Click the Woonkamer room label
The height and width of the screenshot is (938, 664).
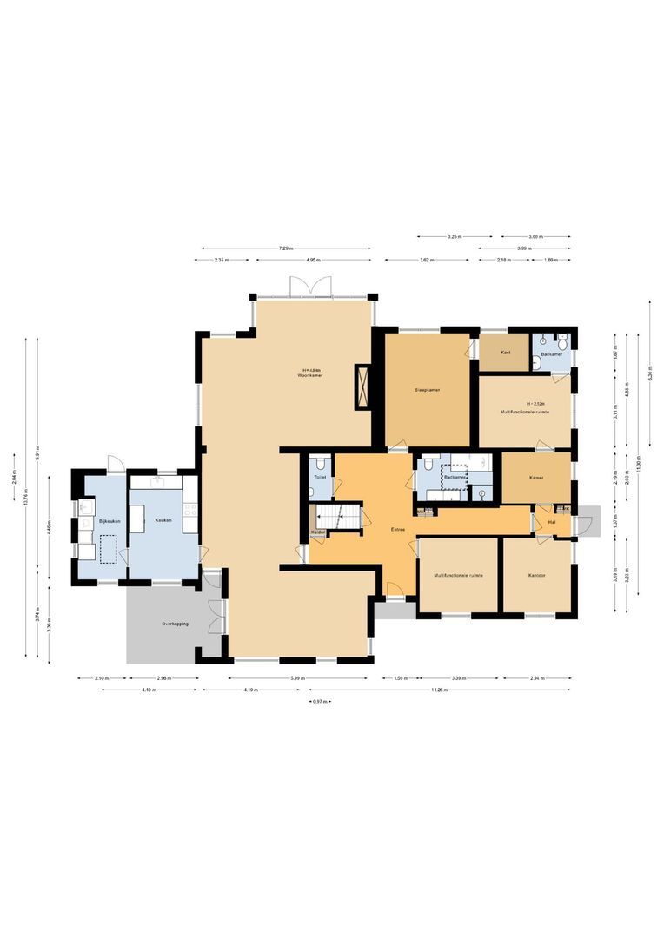[310, 375]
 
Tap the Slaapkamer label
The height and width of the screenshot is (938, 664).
[427, 390]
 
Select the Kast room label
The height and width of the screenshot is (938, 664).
[505, 353]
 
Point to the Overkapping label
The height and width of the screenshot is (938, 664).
[175, 624]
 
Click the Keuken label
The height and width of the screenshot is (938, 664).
[163, 520]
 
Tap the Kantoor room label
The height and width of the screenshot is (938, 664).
[536, 575]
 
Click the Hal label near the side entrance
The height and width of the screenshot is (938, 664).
[552, 523]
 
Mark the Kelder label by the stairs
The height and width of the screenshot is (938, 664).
[318, 532]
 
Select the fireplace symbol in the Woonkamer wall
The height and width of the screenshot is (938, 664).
[362, 386]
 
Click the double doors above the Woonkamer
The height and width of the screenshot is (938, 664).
[311, 286]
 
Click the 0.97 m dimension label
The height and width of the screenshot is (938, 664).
[320, 701]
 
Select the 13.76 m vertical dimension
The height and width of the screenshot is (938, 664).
[26, 499]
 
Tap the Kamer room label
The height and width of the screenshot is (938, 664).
[536, 479]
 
